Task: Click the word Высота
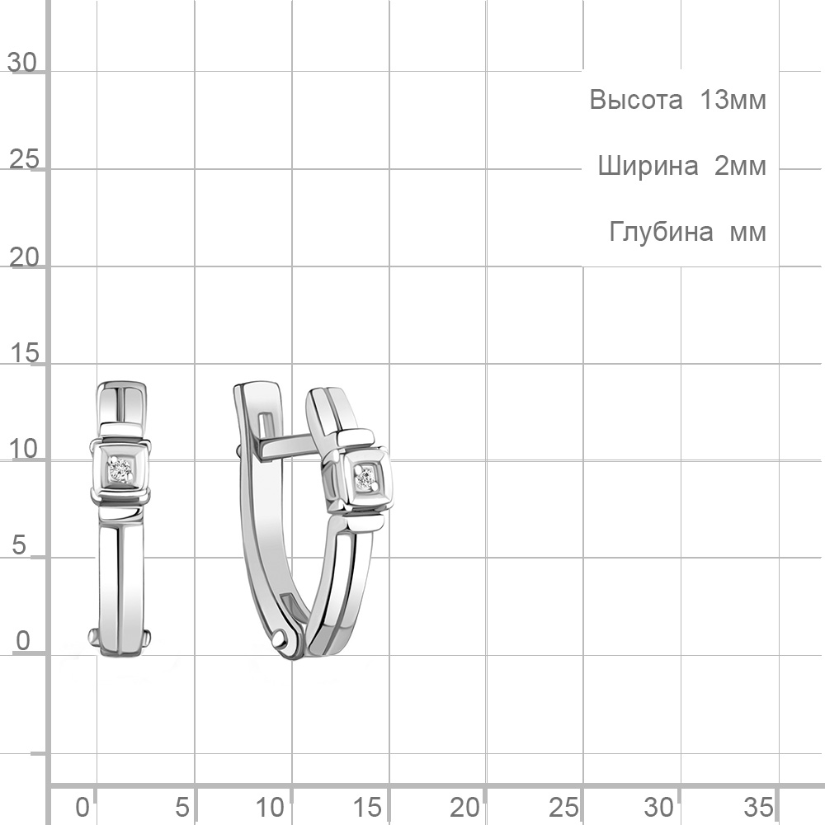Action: point(635,100)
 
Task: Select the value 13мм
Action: point(733,100)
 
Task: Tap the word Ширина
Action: point(648,167)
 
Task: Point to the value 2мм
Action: point(740,167)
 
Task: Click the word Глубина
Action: point(662,232)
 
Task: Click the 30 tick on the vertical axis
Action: point(22,63)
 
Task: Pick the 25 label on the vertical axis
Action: point(24,159)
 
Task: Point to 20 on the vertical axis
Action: point(24,257)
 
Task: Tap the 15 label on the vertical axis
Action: point(24,353)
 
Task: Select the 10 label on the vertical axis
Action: point(24,450)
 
